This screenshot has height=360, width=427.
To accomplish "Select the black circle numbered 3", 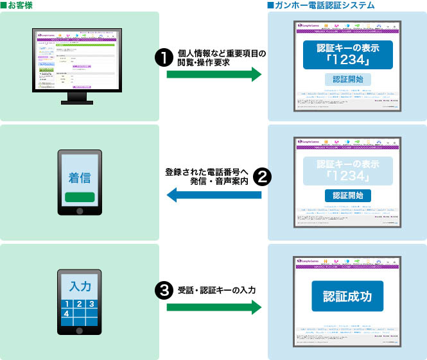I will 164,290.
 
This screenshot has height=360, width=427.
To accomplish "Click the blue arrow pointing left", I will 214,195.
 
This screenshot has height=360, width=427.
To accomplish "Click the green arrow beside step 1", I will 214,75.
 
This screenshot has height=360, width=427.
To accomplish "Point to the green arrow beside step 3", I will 214,307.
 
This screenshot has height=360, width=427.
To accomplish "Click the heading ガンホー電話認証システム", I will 324,5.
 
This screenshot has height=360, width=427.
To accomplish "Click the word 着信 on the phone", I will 80,176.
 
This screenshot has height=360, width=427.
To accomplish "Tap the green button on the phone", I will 80,196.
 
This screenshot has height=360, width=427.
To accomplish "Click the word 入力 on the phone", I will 80,286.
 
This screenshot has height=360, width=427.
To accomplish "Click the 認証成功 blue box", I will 347,296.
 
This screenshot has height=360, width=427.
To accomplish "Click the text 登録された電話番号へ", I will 205,172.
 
